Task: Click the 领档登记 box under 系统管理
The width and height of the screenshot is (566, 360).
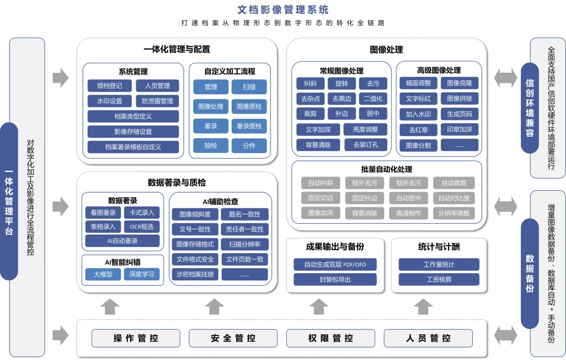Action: (110, 86)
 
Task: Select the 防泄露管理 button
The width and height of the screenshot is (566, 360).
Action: (157, 101)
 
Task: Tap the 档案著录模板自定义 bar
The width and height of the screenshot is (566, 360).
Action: (133, 147)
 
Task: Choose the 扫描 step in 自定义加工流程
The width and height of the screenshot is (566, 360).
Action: (249, 87)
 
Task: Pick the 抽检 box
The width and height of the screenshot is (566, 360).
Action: (211, 146)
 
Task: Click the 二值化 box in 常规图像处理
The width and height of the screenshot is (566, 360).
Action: (373, 99)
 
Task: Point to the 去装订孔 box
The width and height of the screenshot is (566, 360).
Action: (365, 145)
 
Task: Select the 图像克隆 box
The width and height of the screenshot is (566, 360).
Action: (460, 83)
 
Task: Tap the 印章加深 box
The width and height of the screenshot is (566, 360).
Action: (460, 129)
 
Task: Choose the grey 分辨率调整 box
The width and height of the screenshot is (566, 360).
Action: (454, 213)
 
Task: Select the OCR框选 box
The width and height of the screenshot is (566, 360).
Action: (142, 227)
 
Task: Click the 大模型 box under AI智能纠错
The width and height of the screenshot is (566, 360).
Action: (103, 274)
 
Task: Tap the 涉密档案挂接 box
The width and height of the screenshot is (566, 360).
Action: (195, 274)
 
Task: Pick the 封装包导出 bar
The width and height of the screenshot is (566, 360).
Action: (335, 280)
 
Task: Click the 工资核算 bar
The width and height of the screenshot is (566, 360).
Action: (439, 280)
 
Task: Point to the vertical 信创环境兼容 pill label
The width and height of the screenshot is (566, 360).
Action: (530, 107)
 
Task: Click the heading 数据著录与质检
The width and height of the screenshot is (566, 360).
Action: (177, 183)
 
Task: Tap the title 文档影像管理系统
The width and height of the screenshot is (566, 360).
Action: (283, 10)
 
